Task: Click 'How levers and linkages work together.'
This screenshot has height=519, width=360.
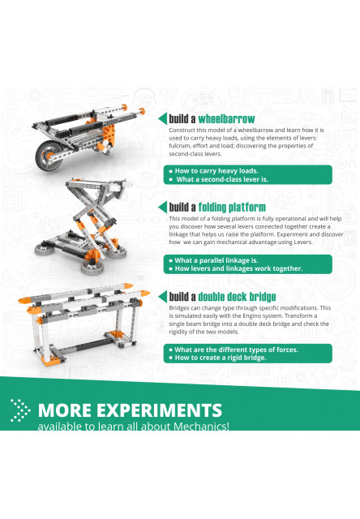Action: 234,268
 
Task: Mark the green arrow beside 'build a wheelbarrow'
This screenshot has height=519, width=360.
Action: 162,118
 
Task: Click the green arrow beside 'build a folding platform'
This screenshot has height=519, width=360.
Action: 162,208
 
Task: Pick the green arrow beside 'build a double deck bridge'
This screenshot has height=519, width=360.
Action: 162,296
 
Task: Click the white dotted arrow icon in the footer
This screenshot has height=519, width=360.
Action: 21,411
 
